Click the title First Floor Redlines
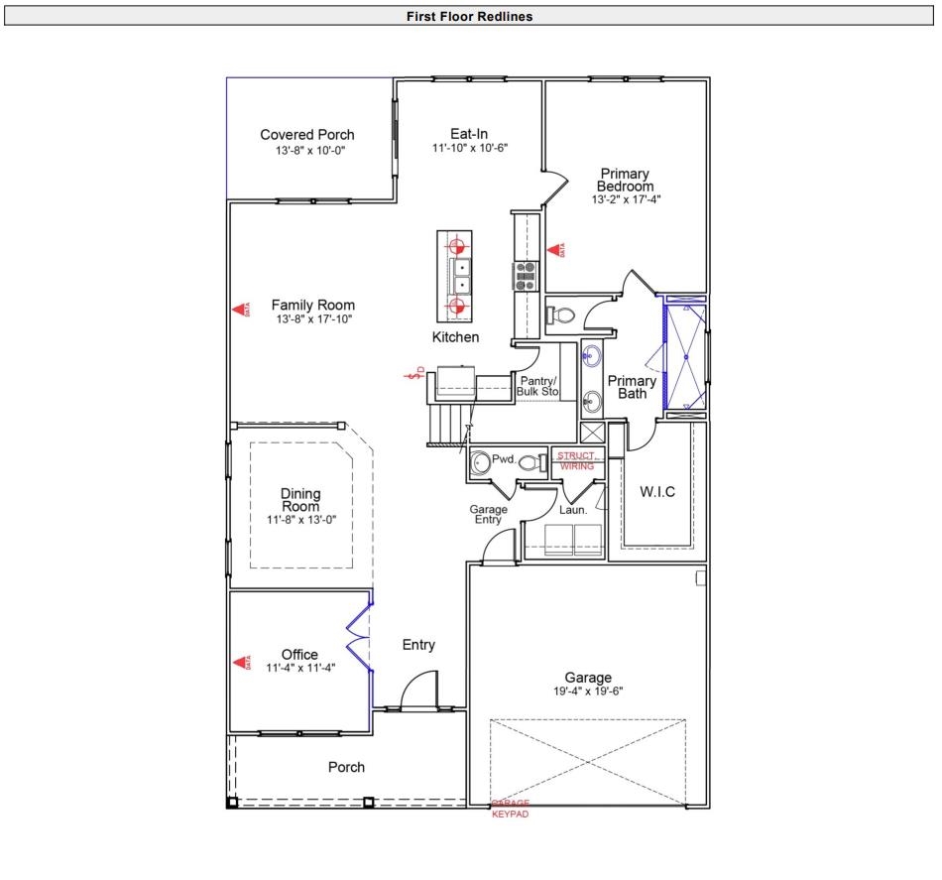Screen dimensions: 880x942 pos(469,17)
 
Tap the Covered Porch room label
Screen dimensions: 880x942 pos(307,135)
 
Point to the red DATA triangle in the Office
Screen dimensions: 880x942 pos(239,662)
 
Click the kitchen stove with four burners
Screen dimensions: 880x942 pos(524,275)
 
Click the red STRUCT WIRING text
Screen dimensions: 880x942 pos(576,460)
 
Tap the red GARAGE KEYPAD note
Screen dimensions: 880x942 pos(511,809)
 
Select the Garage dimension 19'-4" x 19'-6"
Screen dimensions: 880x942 pos(588,691)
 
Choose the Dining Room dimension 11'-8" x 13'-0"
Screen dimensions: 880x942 pos(301,519)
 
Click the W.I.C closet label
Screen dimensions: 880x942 pos(657,492)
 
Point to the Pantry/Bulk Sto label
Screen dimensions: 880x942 pos(537,387)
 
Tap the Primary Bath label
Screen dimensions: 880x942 pos(632,387)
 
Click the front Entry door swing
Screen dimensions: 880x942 pos(419,687)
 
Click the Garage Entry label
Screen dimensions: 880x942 pos(487,514)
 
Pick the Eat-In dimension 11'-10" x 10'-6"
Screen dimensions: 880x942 pos(469,148)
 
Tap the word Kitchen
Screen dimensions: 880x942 pos(455,337)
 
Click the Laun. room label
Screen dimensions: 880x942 pos(574,510)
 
